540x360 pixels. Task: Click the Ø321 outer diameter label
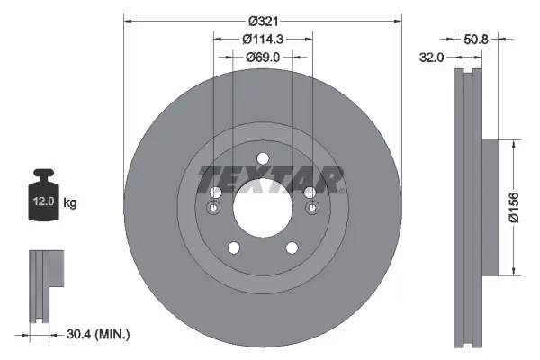click(263, 20)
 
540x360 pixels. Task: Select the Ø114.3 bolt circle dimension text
click(263, 39)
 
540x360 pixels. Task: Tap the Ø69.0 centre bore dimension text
click(263, 57)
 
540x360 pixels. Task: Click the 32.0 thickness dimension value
click(433, 57)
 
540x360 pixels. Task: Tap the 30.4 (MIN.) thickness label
click(100, 334)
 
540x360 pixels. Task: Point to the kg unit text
click(69, 203)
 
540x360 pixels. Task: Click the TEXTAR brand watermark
click(271, 179)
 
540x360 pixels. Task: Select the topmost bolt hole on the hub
click(263, 160)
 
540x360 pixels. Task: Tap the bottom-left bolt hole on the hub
click(233, 249)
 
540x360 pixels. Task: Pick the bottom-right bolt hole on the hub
click(292, 249)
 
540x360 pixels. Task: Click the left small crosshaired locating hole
click(214, 210)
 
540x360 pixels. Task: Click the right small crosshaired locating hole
click(311, 210)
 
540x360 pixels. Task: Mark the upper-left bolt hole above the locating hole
click(215, 193)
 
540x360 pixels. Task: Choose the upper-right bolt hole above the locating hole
click(310, 193)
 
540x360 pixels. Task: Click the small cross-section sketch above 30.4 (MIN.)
click(45, 284)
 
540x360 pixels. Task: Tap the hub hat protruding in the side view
click(490, 207)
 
